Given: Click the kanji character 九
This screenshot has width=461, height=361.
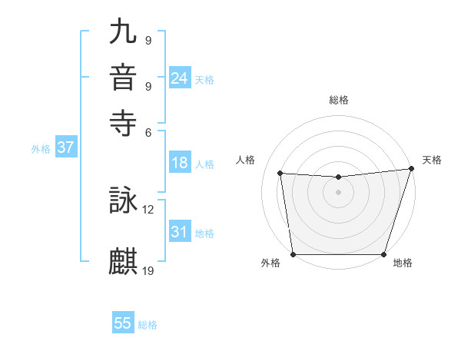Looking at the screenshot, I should (124, 33).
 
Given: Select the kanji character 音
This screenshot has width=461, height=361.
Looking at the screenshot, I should (124, 78).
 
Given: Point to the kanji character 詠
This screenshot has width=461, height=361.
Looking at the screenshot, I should (124, 201).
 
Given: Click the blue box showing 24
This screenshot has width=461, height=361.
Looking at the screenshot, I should (180, 78).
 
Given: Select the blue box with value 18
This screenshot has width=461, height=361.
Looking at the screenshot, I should (180, 163).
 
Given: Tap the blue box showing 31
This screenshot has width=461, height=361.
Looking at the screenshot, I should (180, 232).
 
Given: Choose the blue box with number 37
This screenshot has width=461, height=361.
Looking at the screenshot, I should (65, 148).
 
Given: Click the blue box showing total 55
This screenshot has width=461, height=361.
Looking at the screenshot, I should (123, 323).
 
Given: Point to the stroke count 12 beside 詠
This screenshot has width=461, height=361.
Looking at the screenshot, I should (148, 208).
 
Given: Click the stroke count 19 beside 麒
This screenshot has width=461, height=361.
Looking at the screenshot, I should (148, 270).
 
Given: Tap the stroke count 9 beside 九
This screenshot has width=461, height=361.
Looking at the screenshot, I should (148, 40).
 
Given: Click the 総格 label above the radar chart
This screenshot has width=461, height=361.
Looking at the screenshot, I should (338, 100).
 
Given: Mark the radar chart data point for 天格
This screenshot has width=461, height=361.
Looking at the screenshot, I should (410, 169).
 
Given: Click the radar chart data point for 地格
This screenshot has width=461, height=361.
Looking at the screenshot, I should (383, 254).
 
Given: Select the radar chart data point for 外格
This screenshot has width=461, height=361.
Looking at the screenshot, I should (294, 254).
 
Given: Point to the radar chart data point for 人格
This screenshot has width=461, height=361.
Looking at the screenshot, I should (280, 174).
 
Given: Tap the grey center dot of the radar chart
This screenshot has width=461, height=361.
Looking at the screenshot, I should (338, 192).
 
